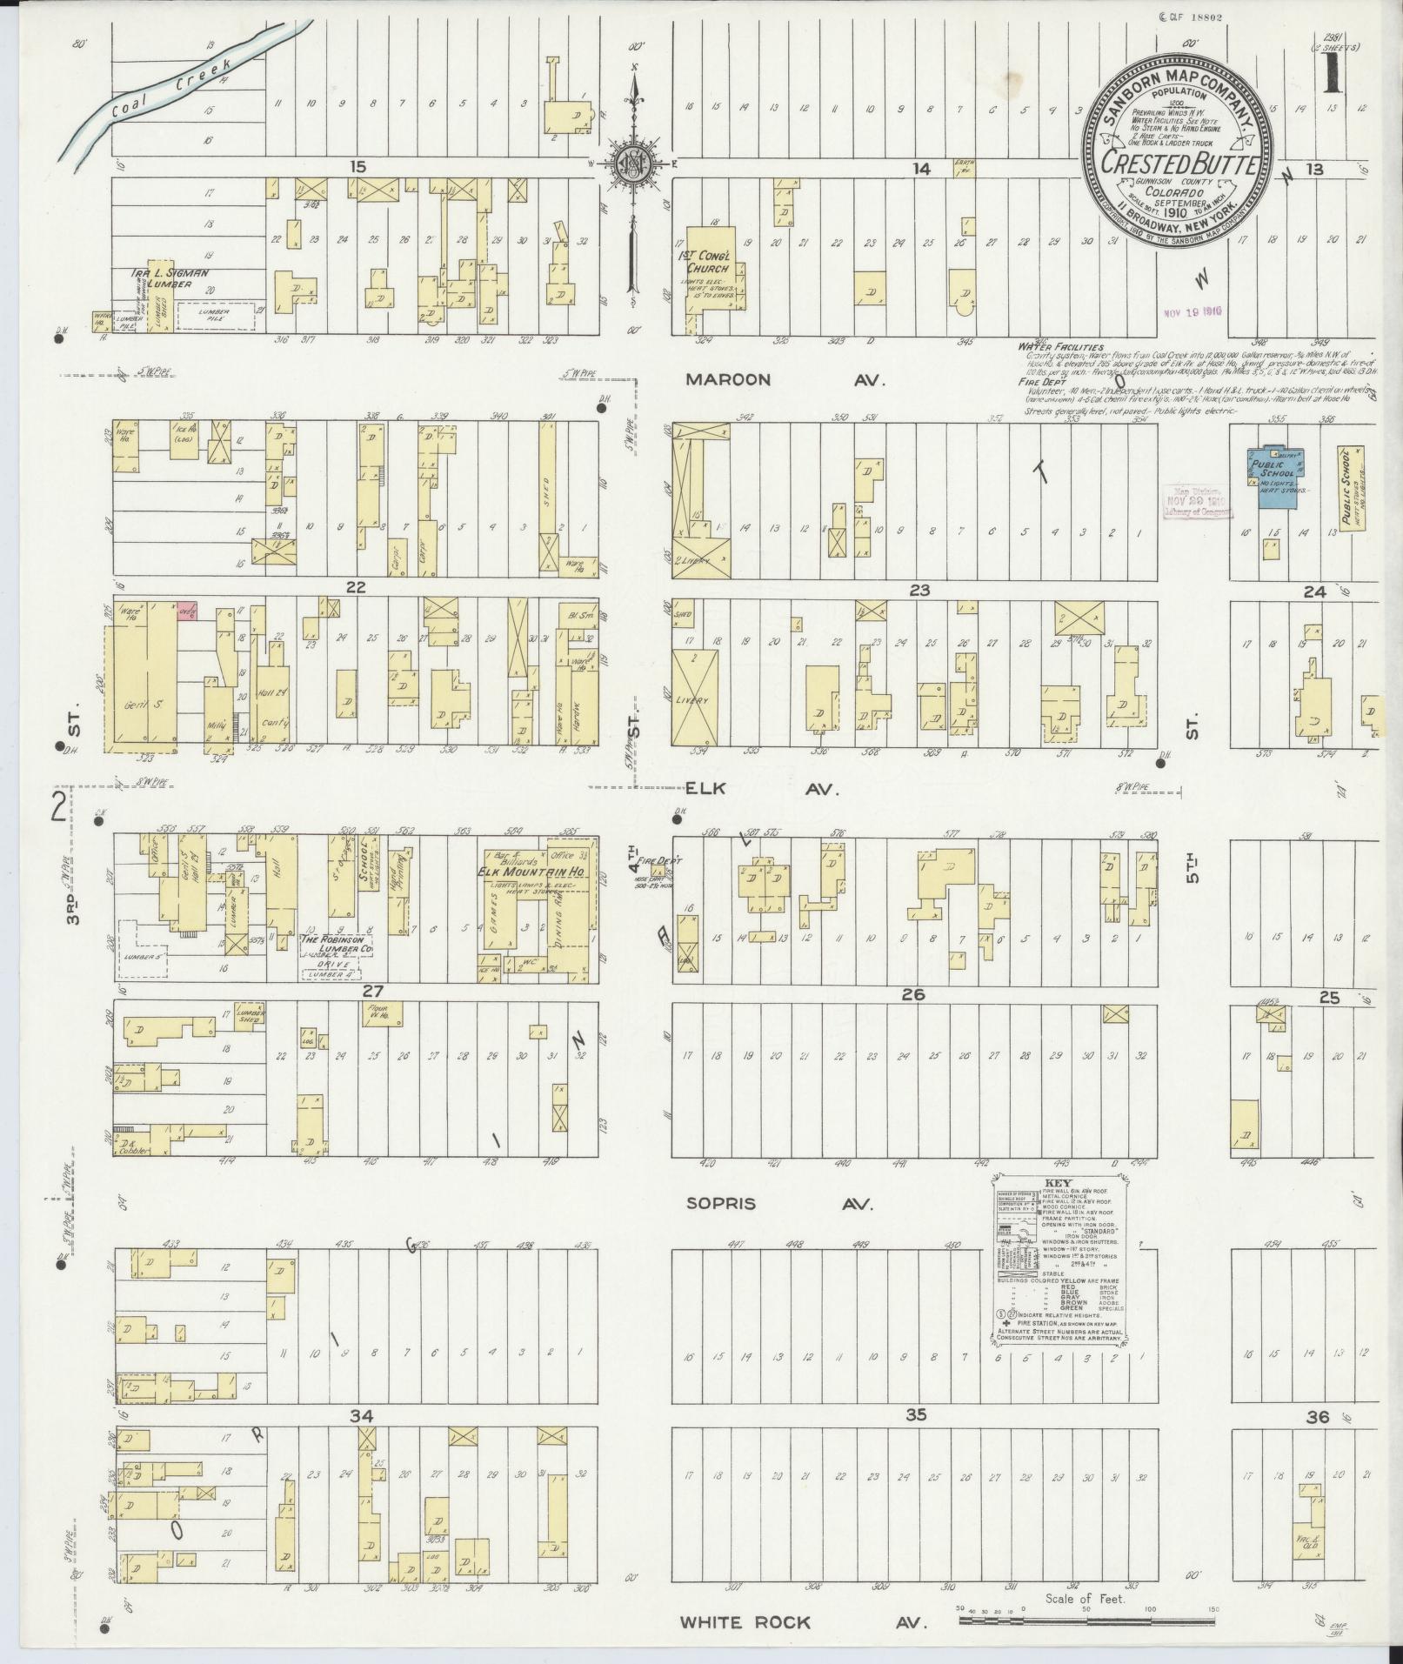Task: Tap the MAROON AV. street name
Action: pos(784,380)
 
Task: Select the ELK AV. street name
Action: pos(761,789)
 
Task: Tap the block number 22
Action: pos(355,588)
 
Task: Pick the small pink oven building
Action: pos(187,611)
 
